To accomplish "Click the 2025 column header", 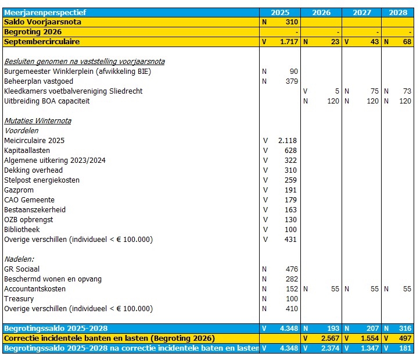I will (280, 12).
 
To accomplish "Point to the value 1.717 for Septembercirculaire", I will (288, 42).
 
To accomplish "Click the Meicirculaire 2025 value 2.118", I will (288, 141).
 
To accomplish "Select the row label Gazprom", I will (19, 190).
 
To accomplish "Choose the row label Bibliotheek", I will (22, 230).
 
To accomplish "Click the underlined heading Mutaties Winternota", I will (38, 121).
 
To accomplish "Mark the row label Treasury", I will (19, 299).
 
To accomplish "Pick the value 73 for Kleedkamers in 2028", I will (407, 91).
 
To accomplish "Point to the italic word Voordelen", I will (21, 131).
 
